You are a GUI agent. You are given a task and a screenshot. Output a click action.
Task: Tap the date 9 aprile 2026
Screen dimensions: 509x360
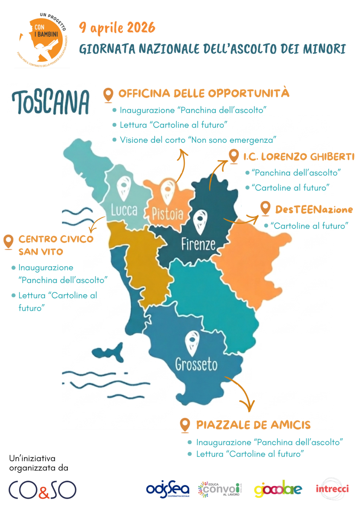117,27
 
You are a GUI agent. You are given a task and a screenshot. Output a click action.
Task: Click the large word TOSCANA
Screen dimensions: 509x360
51,102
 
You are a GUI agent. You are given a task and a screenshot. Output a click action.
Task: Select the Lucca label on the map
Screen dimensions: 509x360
124,210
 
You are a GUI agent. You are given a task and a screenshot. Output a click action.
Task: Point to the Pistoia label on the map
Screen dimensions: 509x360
167,213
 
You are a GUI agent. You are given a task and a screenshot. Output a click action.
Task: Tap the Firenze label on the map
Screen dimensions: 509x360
198,244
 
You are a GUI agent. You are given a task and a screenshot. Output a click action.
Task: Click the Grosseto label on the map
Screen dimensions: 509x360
196,364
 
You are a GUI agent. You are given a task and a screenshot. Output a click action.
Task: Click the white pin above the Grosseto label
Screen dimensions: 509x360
192,343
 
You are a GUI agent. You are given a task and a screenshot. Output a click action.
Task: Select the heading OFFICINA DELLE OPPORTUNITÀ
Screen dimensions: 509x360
204,94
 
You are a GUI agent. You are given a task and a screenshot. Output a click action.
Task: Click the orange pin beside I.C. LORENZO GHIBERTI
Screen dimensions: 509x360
234,156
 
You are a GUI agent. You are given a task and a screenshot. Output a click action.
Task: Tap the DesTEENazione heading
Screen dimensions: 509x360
314,210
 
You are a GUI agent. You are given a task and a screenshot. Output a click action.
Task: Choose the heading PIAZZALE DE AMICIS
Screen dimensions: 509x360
253,425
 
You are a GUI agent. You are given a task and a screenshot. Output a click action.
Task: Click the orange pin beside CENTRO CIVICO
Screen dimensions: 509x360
8,242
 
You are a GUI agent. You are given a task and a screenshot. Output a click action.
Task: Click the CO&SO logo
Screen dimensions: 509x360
42,489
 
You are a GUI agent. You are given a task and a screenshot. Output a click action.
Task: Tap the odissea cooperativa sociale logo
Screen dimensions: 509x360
168,489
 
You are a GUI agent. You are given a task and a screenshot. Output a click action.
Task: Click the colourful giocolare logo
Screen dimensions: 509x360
278,489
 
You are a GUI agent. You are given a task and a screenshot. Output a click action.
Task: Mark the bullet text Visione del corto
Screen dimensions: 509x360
198,140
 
